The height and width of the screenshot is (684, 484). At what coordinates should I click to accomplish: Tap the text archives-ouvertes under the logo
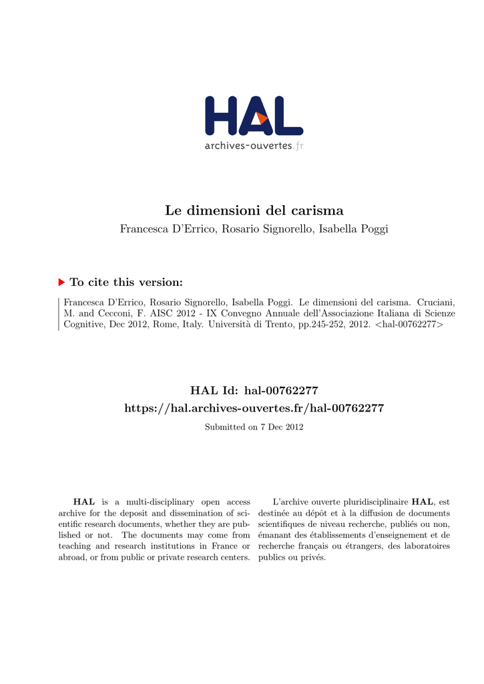click(x=248, y=146)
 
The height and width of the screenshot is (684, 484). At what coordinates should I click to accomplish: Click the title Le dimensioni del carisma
click(x=254, y=210)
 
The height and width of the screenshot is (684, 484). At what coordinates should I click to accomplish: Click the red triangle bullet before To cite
click(x=62, y=283)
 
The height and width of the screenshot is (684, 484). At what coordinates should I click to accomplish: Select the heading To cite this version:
click(x=126, y=283)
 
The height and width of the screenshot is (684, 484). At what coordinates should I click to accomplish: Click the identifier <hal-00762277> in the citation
click(x=407, y=325)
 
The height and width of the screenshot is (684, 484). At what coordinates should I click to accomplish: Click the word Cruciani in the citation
click(x=434, y=302)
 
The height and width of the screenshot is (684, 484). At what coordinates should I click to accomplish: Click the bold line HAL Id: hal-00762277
click(x=254, y=389)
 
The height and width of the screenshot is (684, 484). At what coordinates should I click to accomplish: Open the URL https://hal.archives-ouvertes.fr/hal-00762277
click(x=254, y=407)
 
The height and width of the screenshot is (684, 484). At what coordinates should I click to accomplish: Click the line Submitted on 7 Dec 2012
click(x=254, y=427)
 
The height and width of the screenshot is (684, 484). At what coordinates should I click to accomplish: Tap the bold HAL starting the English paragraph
click(x=84, y=502)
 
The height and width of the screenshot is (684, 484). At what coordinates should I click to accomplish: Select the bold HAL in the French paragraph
click(x=423, y=502)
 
